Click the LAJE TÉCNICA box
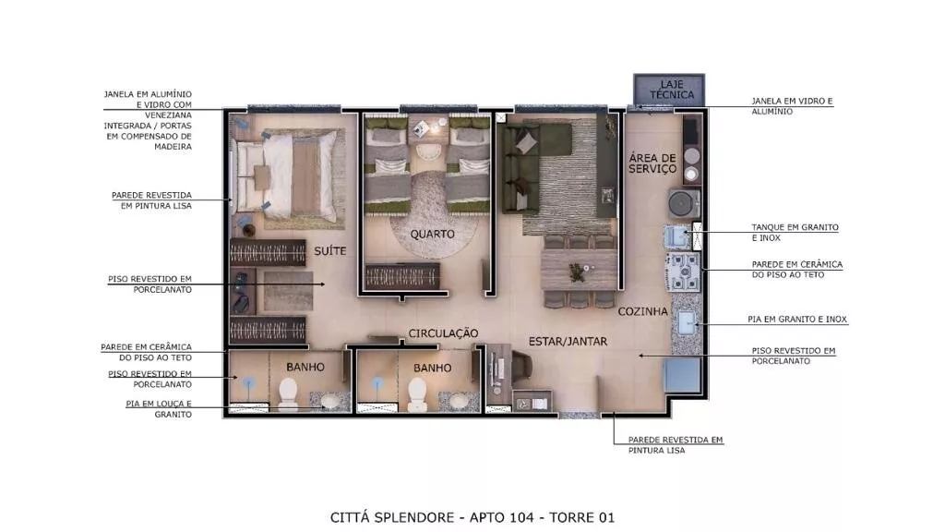(x=669, y=90)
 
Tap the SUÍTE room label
(x=329, y=251)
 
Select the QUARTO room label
(x=432, y=234)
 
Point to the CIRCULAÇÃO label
(x=443, y=333)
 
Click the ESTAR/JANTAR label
(x=568, y=342)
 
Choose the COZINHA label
(x=642, y=312)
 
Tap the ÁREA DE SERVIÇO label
(x=652, y=163)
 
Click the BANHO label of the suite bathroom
(x=305, y=367)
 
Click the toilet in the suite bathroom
(x=288, y=393)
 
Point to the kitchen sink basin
(x=687, y=322)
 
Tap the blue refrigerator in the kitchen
(x=682, y=376)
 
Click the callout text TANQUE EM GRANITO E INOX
(x=795, y=233)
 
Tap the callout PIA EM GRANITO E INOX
(x=797, y=319)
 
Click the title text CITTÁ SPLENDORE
(x=391, y=517)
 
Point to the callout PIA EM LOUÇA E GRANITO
(x=159, y=409)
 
